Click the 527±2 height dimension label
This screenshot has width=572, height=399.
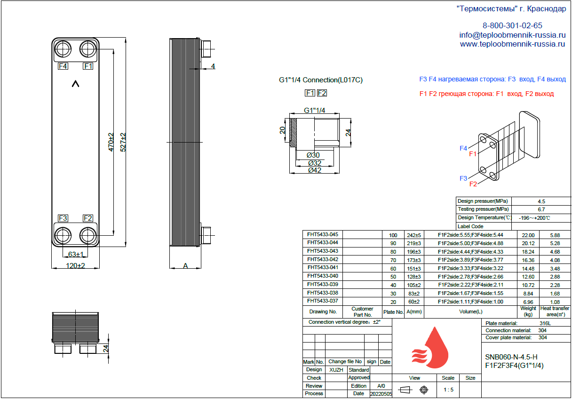pyautogui.click(x=123, y=142)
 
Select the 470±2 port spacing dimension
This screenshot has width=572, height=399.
pyautogui.click(x=111, y=142)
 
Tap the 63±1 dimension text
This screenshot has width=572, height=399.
pyautogui.click(x=76, y=254)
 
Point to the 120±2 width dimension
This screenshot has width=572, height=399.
pyautogui.click(x=75, y=266)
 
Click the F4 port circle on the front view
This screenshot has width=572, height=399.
pyautogui.click(x=63, y=49)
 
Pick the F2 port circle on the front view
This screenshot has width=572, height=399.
pyautogui.click(x=88, y=235)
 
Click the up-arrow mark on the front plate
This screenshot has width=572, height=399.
pyautogui.click(x=75, y=84)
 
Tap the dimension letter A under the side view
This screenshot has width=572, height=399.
pyautogui.click(x=185, y=266)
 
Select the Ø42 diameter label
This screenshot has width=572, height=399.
pyautogui.click(x=315, y=170)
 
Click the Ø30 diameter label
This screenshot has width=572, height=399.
pyautogui.click(x=313, y=155)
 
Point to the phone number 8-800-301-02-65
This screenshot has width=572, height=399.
pyautogui.click(x=512, y=25)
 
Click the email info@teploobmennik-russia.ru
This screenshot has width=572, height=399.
pyautogui.click(x=512, y=35)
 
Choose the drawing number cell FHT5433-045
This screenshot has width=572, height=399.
pyautogui.click(x=323, y=234)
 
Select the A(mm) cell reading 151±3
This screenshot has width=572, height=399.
pyautogui.click(x=413, y=269)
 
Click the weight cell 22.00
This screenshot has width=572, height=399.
pyautogui.click(x=528, y=235)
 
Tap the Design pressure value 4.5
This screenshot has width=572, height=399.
pyautogui.click(x=541, y=201)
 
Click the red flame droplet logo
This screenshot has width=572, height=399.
pyautogui.click(x=430, y=347)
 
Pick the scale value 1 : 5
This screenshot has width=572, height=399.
pyautogui.click(x=448, y=390)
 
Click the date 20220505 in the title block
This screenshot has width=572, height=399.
pyautogui.click(x=381, y=394)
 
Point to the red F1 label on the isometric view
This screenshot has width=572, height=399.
pyautogui.click(x=473, y=154)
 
